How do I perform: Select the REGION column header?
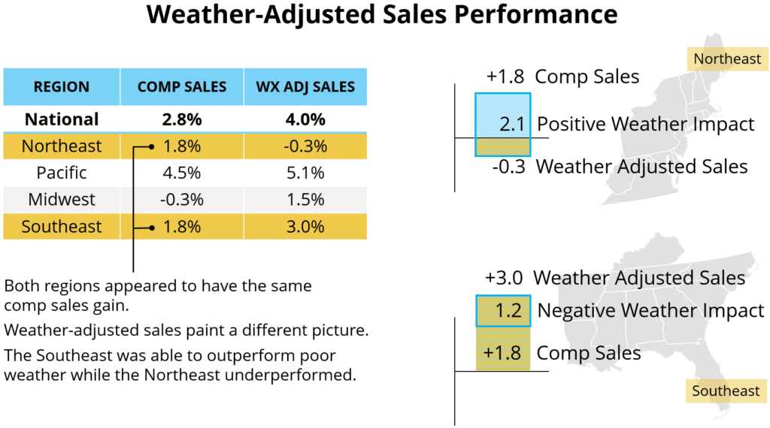click(x=62, y=87)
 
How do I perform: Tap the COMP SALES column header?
click(x=182, y=87)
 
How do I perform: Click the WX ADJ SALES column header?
click(x=305, y=87)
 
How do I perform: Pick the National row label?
click(x=62, y=119)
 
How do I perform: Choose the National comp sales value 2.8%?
click(x=182, y=119)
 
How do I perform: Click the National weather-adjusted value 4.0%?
click(x=305, y=119)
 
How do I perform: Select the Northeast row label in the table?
click(x=62, y=146)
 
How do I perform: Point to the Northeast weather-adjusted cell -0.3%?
click(x=305, y=146)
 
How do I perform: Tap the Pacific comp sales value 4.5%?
click(x=182, y=173)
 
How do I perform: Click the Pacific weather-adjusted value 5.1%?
click(x=305, y=173)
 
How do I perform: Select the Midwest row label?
click(x=62, y=200)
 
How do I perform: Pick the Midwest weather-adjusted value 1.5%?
click(x=305, y=200)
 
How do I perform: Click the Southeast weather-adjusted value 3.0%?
click(x=305, y=227)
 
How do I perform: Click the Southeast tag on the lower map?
click(x=726, y=390)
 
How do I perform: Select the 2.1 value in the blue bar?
click(x=512, y=124)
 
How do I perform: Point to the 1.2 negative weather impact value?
click(x=509, y=310)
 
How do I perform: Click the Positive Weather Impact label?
click(x=646, y=124)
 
